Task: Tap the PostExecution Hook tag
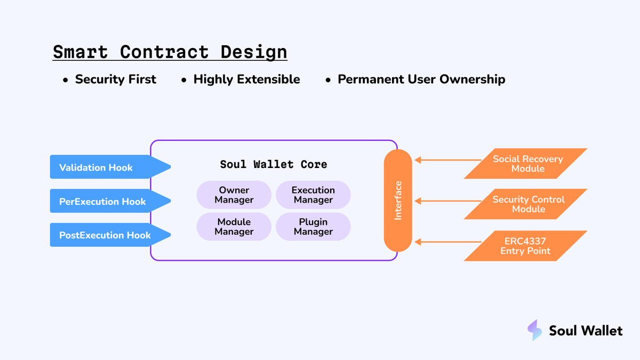pos(104,235)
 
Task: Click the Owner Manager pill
pos(234,195)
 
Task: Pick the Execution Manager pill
pos(313,195)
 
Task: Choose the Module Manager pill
pos(234,227)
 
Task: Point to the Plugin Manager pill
pos(313,227)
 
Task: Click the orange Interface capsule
pos(398,201)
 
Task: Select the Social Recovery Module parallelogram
pos(527,164)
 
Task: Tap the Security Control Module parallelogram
pos(527,204)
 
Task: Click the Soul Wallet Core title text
pos(274,164)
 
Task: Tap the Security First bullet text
pos(115,79)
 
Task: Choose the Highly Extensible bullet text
pos(246,79)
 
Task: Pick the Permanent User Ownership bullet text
pos(421,79)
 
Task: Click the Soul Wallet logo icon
pos(534,331)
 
